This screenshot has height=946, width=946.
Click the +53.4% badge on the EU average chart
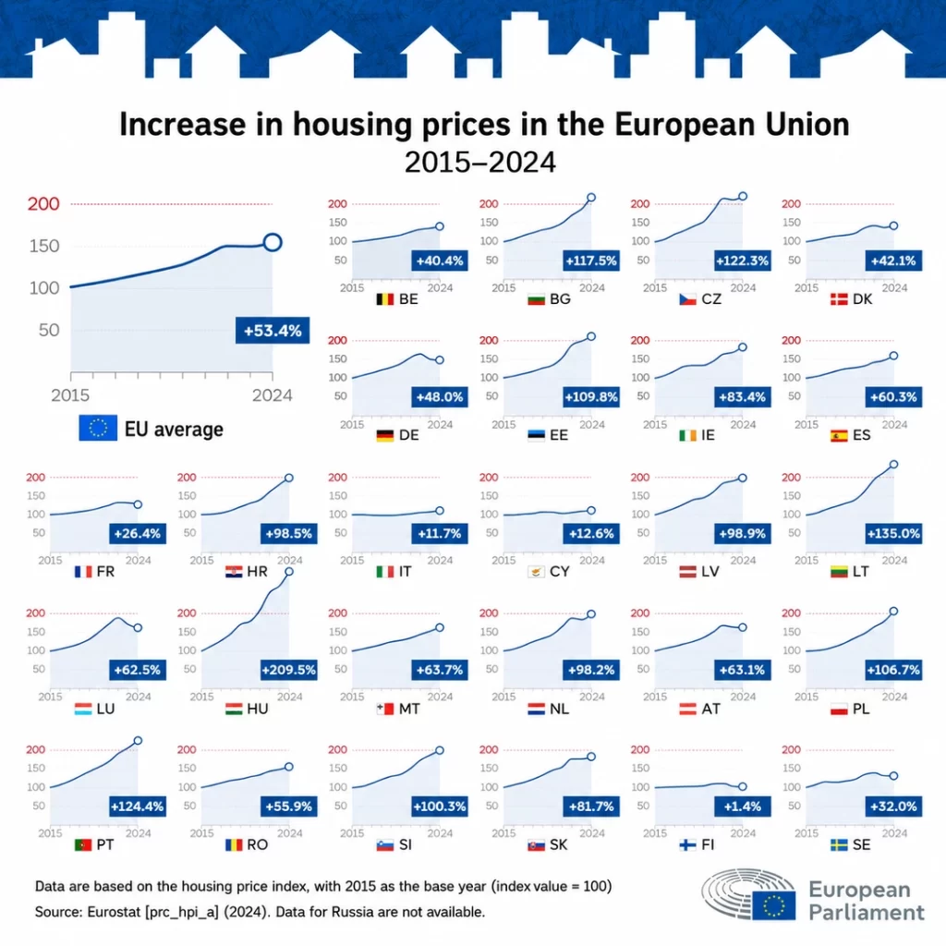coord(273,330)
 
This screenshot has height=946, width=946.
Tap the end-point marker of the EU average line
coord(273,243)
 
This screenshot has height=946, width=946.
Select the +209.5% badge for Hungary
coord(289,670)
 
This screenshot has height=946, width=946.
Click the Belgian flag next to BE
coord(385,299)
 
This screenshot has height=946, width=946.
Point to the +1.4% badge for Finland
coord(742,806)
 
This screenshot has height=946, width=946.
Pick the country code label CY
coord(559,571)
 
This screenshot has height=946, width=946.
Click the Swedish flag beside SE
coord(839,844)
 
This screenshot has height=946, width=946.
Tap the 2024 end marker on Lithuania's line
coord(893,465)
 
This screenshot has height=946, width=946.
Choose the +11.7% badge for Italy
coord(439,533)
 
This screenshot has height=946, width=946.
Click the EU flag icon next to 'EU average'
coord(98,428)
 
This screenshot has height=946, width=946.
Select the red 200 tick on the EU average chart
coord(43,204)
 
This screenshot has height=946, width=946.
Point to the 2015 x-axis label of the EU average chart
coord(70,395)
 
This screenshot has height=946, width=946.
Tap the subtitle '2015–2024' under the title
coord(480,162)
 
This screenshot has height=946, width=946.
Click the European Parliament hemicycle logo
coord(748,894)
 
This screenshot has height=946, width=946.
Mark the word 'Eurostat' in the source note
coord(114,912)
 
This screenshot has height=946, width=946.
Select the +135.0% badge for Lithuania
coord(893,533)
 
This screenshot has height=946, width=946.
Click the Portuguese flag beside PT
coord(83,844)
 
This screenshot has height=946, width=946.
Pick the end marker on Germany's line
coord(440,360)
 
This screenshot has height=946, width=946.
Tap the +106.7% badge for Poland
coord(893,670)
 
